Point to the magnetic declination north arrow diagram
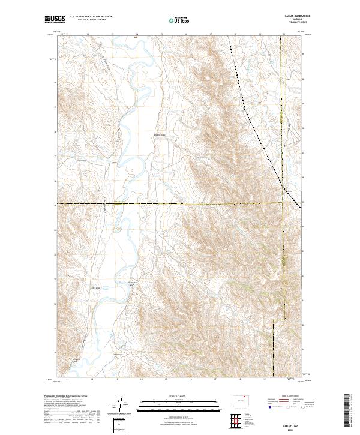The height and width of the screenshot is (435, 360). coord(122,403)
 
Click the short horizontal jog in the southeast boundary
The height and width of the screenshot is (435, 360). coord(277,320)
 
